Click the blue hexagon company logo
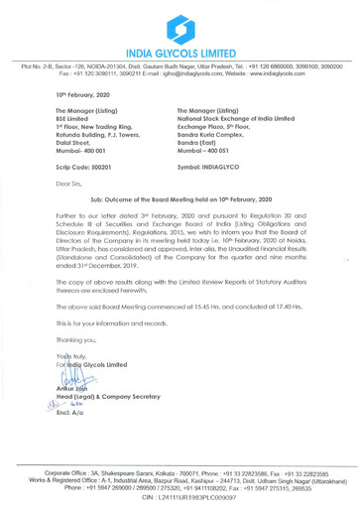click(180, 23)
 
